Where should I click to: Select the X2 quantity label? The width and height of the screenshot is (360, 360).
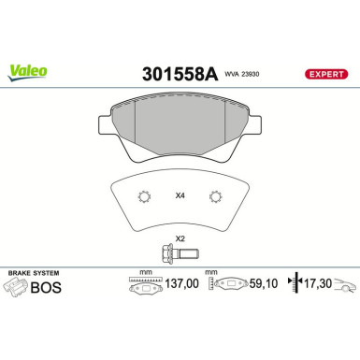point(180,238)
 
